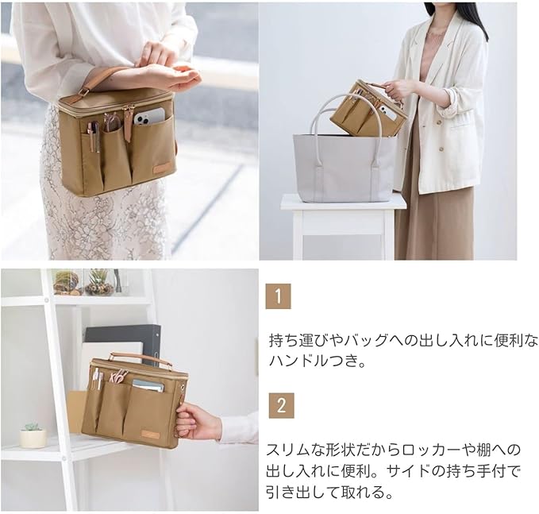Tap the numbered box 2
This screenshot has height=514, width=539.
280,405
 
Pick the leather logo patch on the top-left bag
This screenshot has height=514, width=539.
162,169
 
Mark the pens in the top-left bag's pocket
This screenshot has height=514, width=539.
93,135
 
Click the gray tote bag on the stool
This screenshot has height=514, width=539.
343,163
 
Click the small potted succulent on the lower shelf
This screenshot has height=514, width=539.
33,435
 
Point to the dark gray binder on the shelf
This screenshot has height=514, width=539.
123,334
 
